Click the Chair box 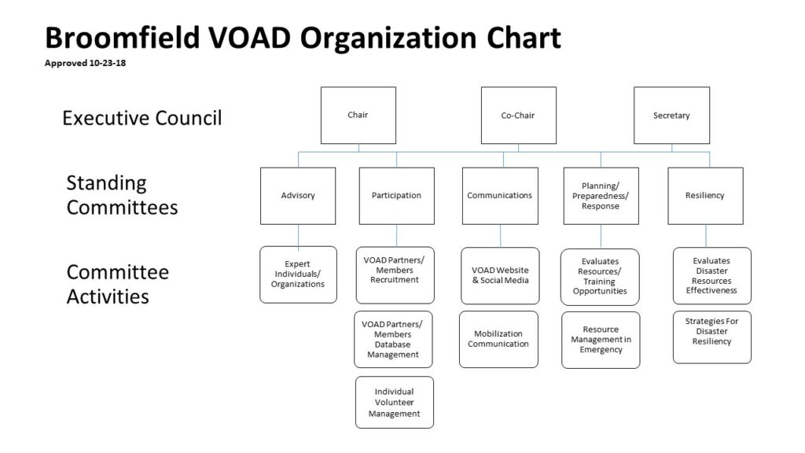coord(358,115)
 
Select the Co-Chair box coord(519,115)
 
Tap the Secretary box coord(672,115)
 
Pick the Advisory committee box coord(298,196)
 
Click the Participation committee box coord(397,196)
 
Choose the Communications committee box coord(500,196)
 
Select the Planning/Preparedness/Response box coord(601,196)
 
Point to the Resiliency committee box coord(705,196)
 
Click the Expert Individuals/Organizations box coord(298,274)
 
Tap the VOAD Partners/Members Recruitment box coord(395,275)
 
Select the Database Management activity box coord(393,340)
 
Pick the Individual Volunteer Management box coord(395,402)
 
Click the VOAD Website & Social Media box coord(500,276)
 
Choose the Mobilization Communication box coord(498,339)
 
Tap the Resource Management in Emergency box coord(601,340)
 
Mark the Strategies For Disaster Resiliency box coord(712,337)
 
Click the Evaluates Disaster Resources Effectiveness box coord(712,276)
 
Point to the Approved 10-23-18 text coord(85,63)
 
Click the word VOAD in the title coord(249,38)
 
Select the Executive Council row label coord(142,118)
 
